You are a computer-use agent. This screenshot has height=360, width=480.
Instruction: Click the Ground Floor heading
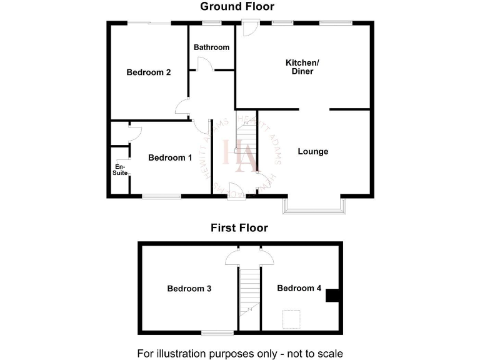click(237, 7)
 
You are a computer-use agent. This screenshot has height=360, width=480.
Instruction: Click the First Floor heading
click(239, 228)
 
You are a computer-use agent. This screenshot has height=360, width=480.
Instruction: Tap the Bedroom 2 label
click(149, 72)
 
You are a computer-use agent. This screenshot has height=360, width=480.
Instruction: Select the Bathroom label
click(211, 47)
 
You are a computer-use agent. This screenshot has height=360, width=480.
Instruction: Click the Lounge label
click(313, 152)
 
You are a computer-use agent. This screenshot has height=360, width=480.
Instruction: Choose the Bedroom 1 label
click(170, 158)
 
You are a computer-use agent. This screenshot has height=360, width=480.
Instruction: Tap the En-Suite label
click(119, 169)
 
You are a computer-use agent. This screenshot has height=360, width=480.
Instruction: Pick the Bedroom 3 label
click(189, 289)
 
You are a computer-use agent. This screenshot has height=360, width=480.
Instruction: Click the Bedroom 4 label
click(299, 289)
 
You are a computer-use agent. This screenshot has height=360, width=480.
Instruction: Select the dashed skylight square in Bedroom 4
click(290, 319)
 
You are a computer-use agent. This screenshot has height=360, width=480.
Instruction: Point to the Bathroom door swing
click(204, 64)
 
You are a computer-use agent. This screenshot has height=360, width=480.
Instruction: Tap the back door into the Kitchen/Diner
click(250, 28)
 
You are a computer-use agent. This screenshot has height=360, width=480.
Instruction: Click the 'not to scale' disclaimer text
click(240, 353)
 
